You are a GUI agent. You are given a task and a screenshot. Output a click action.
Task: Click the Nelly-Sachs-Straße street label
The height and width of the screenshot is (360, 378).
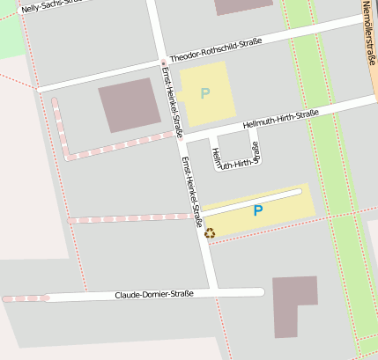coord(53,6)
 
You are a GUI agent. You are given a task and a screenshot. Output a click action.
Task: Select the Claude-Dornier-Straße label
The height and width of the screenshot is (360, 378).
coord(154,294)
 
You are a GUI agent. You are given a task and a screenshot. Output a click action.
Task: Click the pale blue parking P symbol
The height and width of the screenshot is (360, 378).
coord(205,92)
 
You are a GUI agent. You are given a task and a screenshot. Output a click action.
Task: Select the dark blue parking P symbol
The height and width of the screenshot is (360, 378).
coord(258,210)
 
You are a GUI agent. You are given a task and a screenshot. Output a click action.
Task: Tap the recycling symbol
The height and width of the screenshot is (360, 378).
coord(210,232)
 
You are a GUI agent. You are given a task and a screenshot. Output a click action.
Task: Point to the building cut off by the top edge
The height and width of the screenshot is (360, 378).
coord(243,7)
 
